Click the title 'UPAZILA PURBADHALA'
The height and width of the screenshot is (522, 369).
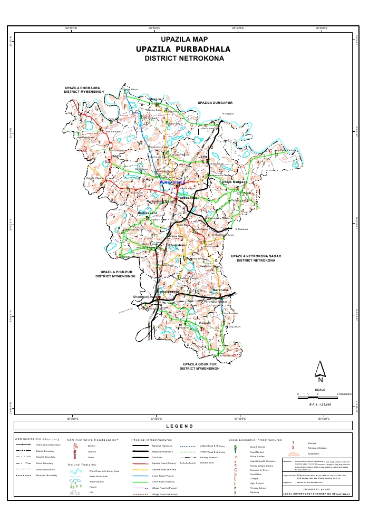pyautogui.click(x=184, y=49)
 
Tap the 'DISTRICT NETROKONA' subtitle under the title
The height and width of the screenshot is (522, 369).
pyautogui.click(x=184, y=59)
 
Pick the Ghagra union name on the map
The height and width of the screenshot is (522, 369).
pyautogui.click(x=156, y=99)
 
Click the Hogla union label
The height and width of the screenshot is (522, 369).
pyautogui.click(x=116, y=156)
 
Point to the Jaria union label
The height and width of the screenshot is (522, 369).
pyautogui.click(x=203, y=157)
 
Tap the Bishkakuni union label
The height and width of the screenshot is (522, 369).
pyautogui.click(x=148, y=212)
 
